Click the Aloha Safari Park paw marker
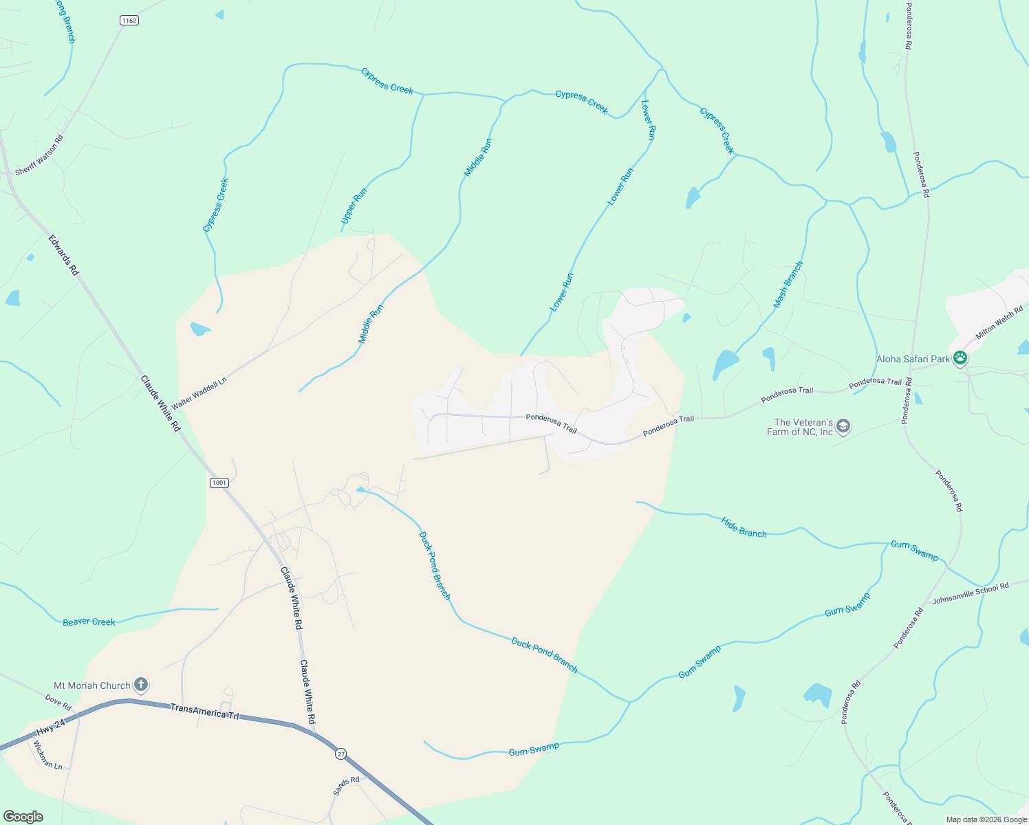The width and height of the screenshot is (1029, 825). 960,358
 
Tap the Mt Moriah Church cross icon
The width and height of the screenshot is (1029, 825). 140,685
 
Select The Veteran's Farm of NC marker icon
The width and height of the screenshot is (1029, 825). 843,427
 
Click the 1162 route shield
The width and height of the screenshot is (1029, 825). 129,21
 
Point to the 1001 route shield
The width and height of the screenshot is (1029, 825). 219,483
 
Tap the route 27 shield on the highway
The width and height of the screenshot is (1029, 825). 340,754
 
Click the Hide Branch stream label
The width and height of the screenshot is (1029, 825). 744,527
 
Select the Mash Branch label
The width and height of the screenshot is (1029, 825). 788,284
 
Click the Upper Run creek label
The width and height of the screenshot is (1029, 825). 354,206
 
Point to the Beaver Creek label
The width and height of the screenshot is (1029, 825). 89,621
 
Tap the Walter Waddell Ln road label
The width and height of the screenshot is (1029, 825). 199,394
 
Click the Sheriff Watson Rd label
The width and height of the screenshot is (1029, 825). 39,155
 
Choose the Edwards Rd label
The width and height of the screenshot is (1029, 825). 63,255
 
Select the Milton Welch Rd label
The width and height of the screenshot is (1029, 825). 999,323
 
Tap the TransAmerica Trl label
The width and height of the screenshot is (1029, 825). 204,711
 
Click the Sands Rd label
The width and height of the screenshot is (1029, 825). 346,785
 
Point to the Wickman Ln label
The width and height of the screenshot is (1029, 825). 47,755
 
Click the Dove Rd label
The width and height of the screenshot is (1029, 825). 58,702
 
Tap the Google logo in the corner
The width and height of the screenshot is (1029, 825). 23,816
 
